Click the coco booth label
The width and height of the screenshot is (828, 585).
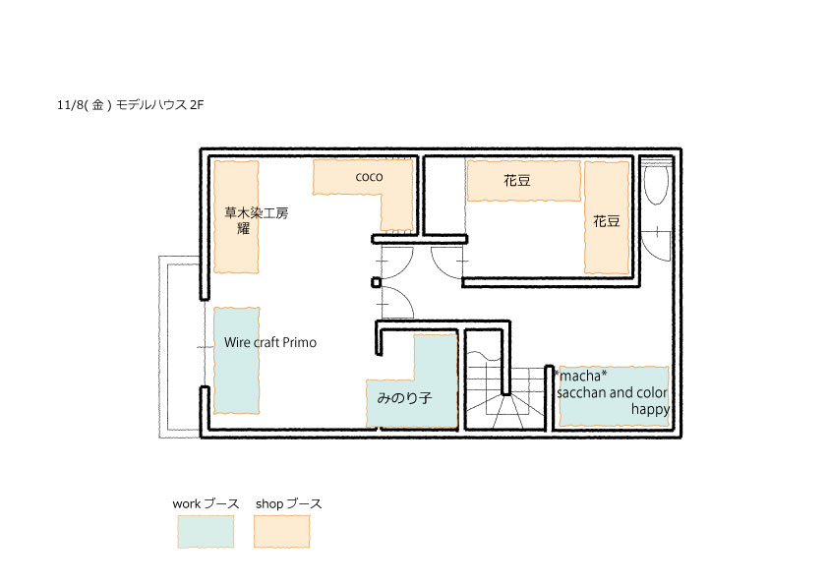(x=369, y=177)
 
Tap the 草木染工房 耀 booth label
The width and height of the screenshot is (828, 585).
(x=256, y=220)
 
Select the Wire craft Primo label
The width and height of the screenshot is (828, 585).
(x=270, y=343)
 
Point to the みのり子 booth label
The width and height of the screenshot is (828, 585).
(x=404, y=397)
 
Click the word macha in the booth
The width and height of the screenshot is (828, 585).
(x=580, y=376)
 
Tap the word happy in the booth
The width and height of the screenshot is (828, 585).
(x=650, y=410)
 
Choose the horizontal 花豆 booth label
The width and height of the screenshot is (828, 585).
(x=517, y=181)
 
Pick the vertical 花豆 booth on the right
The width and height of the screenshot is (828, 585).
(x=607, y=217)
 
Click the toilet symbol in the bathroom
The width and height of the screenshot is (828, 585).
(x=656, y=183)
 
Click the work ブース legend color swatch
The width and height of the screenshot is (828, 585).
(x=206, y=532)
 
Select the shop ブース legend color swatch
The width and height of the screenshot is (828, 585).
(x=281, y=532)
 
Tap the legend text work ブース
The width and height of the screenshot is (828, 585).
(x=206, y=503)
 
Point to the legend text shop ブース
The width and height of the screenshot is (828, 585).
(x=288, y=503)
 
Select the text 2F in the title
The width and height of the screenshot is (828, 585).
(x=197, y=105)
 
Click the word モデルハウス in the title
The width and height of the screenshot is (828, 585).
(x=151, y=105)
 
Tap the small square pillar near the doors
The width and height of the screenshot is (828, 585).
(x=376, y=282)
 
